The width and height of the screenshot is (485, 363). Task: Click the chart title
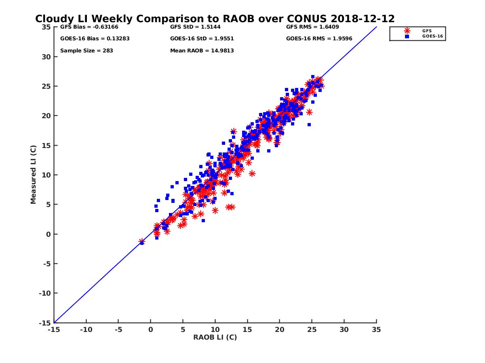(215, 19)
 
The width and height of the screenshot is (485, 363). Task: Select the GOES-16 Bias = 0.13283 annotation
(95, 39)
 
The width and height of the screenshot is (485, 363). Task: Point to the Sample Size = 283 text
(86, 51)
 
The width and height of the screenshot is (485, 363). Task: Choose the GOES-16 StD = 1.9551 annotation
(202, 39)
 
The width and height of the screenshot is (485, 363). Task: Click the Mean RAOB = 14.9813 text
(202, 51)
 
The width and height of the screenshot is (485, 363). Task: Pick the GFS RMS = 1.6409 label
(312, 27)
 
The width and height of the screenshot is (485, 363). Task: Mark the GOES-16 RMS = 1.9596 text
(319, 39)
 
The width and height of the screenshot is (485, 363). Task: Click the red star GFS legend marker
(407, 31)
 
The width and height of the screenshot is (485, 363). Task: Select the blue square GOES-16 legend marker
(407, 36)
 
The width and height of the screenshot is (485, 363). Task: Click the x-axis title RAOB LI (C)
(215, 337)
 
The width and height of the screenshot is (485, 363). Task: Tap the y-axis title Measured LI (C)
(33, 175)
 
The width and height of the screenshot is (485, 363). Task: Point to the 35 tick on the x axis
(376, 330)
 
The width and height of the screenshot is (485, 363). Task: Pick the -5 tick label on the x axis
(118, 330)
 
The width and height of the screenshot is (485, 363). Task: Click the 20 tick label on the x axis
(279, 330)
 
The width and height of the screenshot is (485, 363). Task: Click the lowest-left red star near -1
(141, 241)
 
